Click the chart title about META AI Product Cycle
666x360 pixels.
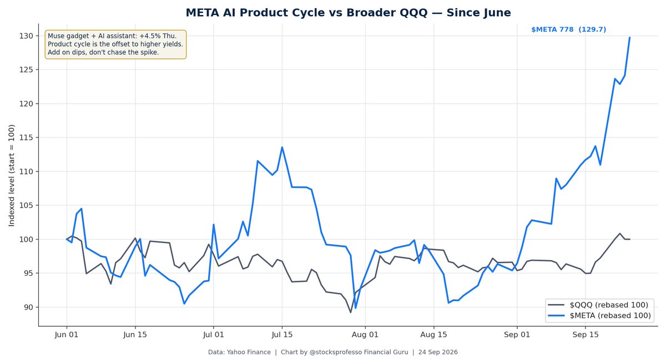pos(348,13)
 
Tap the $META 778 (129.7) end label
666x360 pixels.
pos(568,30)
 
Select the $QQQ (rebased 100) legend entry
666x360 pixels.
pos(598,305)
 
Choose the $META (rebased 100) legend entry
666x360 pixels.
pos(599,316)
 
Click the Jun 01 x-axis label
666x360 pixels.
pos(67,334)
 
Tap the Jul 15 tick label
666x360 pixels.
pos(282,334)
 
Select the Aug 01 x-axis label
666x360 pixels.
pos(365,334)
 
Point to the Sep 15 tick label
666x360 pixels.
pos(586,334)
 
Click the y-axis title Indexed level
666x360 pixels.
pos(11,175)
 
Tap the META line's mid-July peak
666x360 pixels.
pos(282,147)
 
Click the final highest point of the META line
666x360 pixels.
pos(630,38)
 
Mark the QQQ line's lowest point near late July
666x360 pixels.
pos(351,312)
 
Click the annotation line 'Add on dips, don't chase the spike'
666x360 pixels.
pos(103,53)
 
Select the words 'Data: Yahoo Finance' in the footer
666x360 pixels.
pos(239,352)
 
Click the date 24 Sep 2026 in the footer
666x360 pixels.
pos(438,352)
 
